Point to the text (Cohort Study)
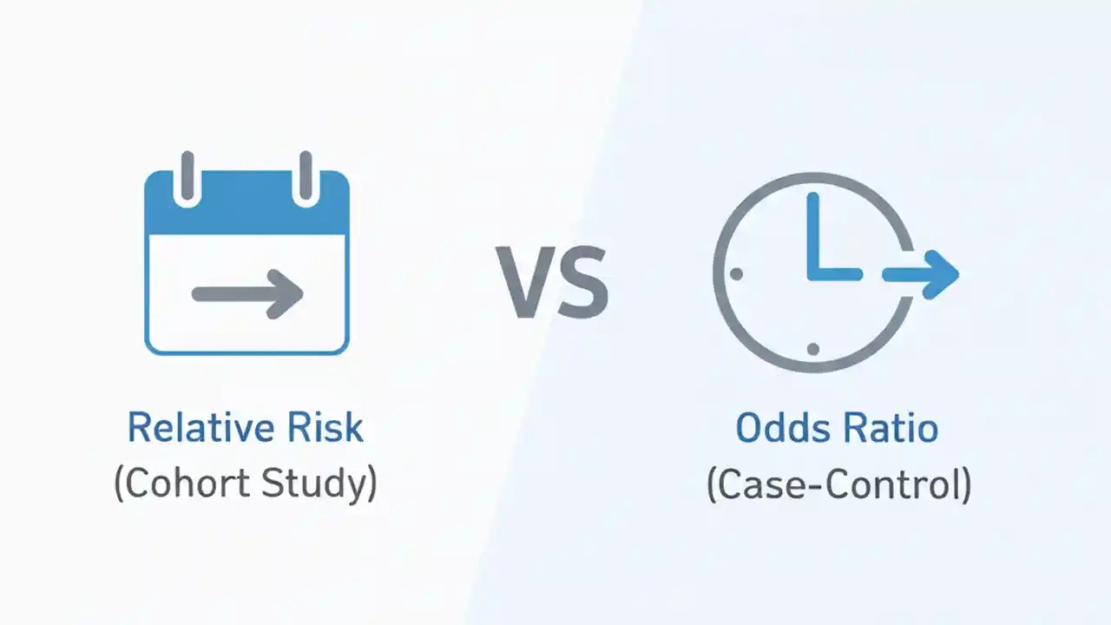tap(246, 484)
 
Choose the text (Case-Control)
tap(838, 484)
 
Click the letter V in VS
tap(523, 282)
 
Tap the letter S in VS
tap(582, 282)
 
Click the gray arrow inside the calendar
tap(247, 293)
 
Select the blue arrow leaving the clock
tap(920, 274)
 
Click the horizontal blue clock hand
tap(835, 274)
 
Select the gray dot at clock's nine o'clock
tap(737, 274)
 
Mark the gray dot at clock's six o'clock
tap(813, 349)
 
